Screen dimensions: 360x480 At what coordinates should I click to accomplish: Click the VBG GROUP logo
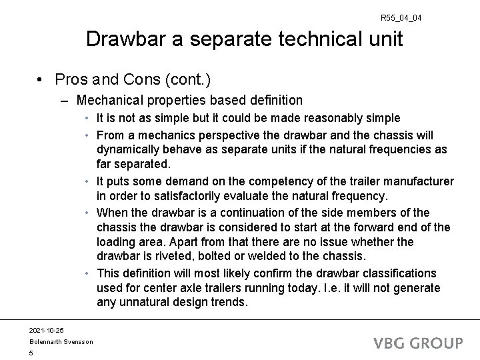point(418,343)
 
